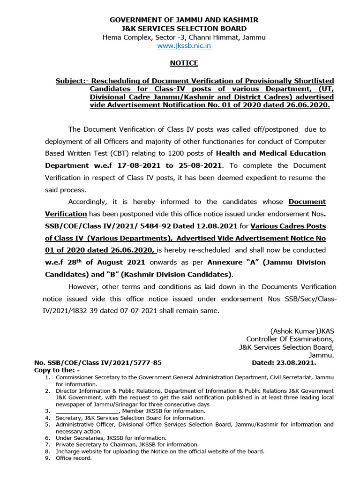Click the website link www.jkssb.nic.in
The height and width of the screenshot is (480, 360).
tap(184, 46)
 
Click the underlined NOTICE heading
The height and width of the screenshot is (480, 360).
tap(184, 63)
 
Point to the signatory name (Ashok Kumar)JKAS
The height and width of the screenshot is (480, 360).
tap(302, 330)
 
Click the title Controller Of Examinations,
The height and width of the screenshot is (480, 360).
tap(290, 339)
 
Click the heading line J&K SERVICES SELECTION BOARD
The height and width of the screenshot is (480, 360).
tap(184, 29)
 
